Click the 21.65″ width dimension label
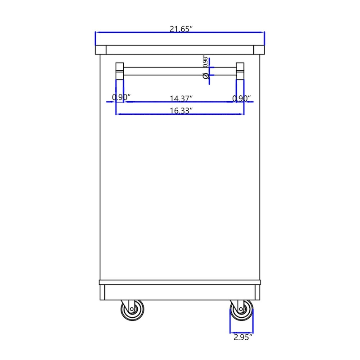[181, 29]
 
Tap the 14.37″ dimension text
[181, 98]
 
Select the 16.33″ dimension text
[181, 110]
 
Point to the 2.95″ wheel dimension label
[242, 336]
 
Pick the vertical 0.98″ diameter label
[205, 62]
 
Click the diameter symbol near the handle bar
[206, 76]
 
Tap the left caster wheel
[131, 310]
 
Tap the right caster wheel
[242, 310]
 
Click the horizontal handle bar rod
[180, 71]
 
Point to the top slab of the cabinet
[180, 49]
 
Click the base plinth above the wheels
[180, 292]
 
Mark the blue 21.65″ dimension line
[135, 33]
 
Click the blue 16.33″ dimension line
[148, 114]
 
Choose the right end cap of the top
[259, 50]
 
